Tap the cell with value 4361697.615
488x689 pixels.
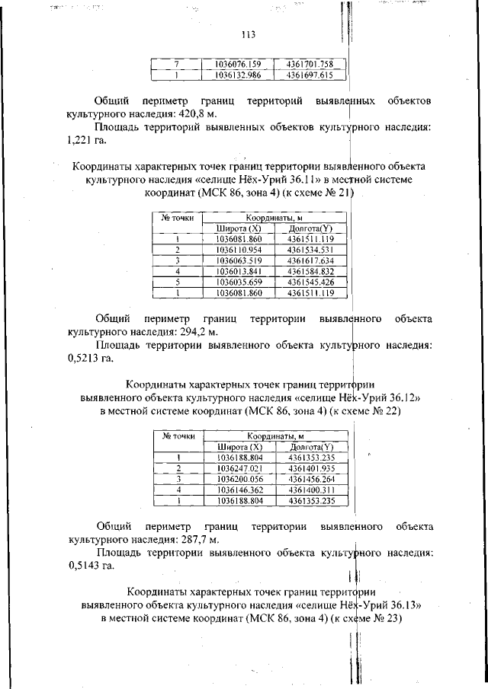310,75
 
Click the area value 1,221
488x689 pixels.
80,139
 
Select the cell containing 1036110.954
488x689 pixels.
239,249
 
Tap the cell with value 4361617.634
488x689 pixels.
310,260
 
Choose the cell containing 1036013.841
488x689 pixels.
239,270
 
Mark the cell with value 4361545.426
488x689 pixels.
310,281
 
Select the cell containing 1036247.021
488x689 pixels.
239,468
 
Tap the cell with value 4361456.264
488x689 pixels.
310,479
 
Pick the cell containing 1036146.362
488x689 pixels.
239,490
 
